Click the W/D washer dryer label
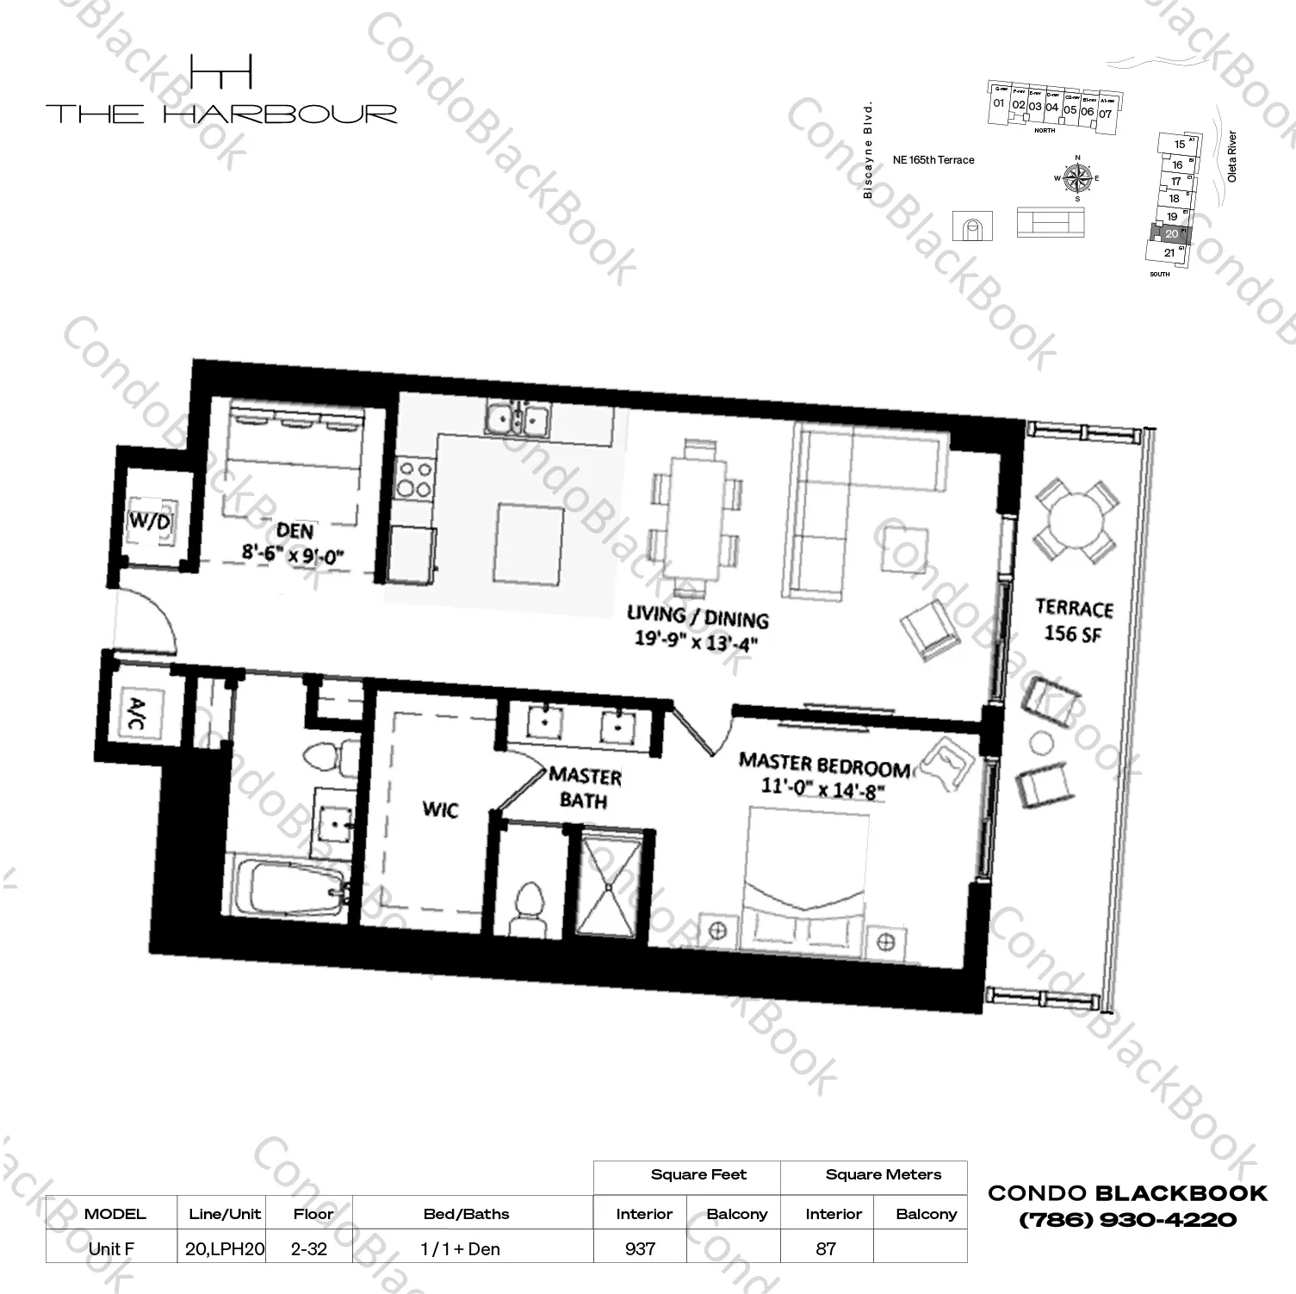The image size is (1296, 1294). [x=149, y=521]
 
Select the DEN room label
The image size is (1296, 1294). [x=295, y=531]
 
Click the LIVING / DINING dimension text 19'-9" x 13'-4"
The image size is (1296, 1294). [x=697, y=641]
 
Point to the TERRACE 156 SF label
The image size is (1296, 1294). [x=1074, y=621]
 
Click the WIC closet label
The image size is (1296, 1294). [x=440, y=810]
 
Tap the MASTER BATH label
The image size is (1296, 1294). [x=584, y=789]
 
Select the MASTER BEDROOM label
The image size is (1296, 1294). [x=823, y=765]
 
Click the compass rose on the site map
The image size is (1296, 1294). [x=1076, y=178]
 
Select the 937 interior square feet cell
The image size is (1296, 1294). [x=641, y=1248]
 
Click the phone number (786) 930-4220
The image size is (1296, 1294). [x=1127, y=1219]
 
